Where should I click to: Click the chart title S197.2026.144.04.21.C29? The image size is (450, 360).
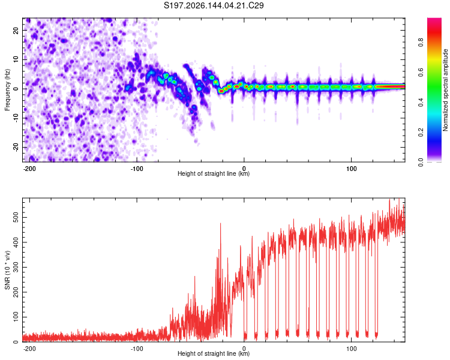click(x=214, y=5)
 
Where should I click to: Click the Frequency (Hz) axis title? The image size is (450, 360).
click(x=7, y=90)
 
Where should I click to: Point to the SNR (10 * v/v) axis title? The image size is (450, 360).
click(x=7, y=270)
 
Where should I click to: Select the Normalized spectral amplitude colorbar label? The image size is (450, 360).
click(x=445, y=90)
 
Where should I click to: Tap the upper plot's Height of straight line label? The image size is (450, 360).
click(x=214, y=173)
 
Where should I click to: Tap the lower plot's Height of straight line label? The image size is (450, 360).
click(x=214, y=353)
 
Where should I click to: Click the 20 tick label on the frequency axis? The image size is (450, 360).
click(x=16, y=30)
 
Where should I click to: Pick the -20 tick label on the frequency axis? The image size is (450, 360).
click(x=16, y=147)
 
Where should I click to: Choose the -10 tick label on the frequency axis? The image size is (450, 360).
click(x=16, y=118)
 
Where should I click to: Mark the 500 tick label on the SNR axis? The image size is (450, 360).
click(x=16, y=217)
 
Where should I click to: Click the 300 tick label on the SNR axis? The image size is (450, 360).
click(x=16, y=267)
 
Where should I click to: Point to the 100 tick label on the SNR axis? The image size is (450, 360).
click(x=16, y=317)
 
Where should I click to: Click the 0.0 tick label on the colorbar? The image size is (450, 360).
click(x=421, y=162)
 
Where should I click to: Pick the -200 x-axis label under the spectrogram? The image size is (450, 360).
click(x=29, y=169)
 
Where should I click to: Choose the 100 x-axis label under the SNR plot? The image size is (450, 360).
click(x=351, y=349)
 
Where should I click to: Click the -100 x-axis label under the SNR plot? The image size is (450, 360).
click(x=137, y=349)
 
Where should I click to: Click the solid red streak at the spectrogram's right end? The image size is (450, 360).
click(x=391, y=86)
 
